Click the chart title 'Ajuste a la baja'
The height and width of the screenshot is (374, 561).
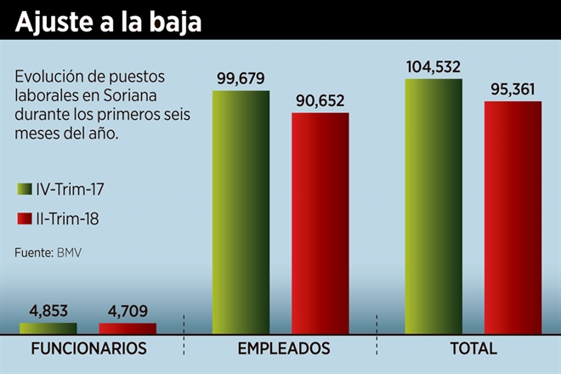[x=108, y=20]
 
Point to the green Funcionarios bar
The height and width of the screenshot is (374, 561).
[x=48, y=328]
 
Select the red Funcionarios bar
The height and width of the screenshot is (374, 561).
[x=127, y=328]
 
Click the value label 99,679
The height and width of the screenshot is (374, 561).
[x=241, y=79]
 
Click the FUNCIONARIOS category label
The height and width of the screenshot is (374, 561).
[x=88, y=348]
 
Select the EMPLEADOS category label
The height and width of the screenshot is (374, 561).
[x=283, y=348]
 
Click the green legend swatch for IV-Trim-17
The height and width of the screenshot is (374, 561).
[x=22, y=189]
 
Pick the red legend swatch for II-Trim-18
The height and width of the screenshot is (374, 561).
[x=22, y=218]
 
